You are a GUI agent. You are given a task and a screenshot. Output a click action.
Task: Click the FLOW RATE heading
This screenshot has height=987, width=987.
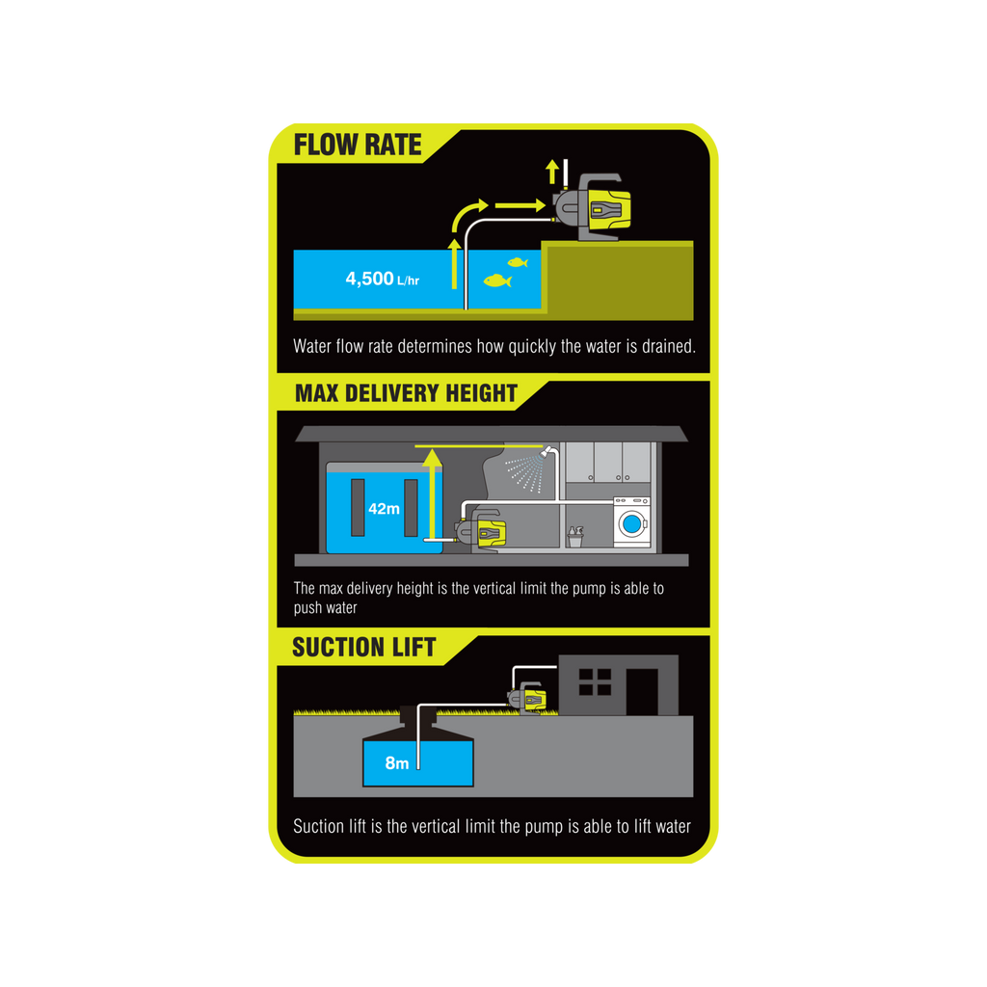(358, 145)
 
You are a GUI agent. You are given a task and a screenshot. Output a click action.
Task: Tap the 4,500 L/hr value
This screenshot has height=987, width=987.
(382, 279)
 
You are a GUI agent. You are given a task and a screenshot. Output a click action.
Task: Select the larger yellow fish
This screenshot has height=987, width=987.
(497, 280)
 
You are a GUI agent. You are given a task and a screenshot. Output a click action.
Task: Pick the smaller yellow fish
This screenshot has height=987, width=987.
(518, 262)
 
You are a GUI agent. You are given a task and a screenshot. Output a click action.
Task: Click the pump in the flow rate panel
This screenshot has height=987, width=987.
(592, 207)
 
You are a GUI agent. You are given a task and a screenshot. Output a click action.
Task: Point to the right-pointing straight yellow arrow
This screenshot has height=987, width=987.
(520, 205)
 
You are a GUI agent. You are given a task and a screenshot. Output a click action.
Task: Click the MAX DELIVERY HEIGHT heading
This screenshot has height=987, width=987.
(406, 393)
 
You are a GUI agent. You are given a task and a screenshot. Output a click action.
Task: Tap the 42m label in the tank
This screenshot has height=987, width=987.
(384, 509)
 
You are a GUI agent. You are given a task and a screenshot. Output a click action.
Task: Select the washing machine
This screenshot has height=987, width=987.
(632, 521)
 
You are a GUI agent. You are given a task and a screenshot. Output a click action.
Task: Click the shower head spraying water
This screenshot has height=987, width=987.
(546, 451)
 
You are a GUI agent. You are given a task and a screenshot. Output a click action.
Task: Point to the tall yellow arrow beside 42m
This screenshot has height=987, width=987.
(432, 494)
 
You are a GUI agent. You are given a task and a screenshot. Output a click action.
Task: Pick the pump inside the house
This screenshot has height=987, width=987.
(482, 531)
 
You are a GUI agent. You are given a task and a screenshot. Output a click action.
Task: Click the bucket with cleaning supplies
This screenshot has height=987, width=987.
(575, 537)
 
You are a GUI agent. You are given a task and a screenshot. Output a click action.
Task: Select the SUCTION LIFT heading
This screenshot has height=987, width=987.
(363, 648)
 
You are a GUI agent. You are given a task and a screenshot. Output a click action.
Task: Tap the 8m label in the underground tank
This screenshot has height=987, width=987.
(396, 763)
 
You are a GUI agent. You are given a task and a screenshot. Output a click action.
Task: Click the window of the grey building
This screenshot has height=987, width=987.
(595, 681)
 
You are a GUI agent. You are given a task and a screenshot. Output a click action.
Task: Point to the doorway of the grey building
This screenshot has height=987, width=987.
(642, 692)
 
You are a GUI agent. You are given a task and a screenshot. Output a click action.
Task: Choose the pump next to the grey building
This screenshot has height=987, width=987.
(527, 698)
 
